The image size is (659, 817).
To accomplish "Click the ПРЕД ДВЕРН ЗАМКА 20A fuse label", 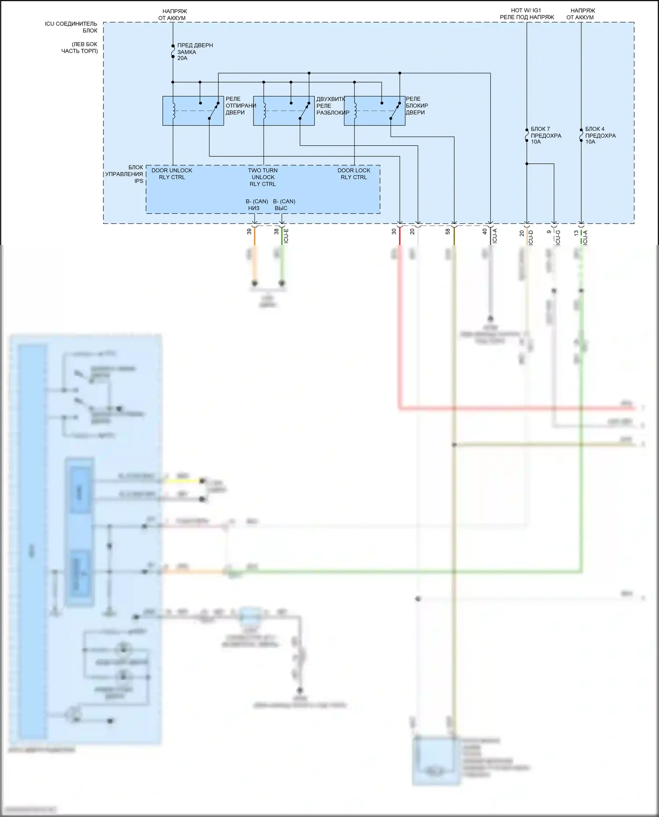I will pyautogui.click(x=195, y=52).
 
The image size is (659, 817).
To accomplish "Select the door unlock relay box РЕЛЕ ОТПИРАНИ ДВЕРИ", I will pyautogui.click(x=193, y=111).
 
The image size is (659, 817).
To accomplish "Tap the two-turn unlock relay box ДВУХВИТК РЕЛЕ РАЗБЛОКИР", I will pyautogui.click(x=283, y=111).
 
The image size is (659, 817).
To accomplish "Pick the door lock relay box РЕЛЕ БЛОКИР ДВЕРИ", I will pyautogui.click(x=374, y=111).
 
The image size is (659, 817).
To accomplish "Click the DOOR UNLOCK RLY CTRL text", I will pyautogui.click(x=172, y=174).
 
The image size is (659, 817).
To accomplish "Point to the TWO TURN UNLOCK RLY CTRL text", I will pyautogui.click(x=263, y=177).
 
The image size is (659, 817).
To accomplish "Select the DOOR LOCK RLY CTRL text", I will pyautogui.click(x=354, y=174).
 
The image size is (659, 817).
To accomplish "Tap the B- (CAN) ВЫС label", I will pyautogui.click(x=284, y=205).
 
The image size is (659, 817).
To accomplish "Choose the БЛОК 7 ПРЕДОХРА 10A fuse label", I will pyautogui.click(x=546, y=135).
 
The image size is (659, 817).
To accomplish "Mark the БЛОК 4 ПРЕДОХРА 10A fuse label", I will pyautogui.click(x=600, y=135).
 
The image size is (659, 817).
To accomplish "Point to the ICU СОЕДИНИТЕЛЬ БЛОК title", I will pyautogui.click(x=71, y=27).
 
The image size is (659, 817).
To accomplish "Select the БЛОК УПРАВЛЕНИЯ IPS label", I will pyautogui.click(x=124, y=174).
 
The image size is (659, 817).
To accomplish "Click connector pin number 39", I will pyautogui.click(x=249, y=231).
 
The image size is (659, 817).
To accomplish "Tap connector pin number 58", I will pyautogui.click(x=448, y=231).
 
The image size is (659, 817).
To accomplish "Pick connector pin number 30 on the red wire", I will pyautogui.click(x=394, y=231).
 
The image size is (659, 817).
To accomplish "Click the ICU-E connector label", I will pyautogui.click(x=286, y=236).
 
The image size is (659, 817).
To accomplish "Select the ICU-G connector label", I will pyautogui.click(x=558, y=237).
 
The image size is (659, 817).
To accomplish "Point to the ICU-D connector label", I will pyautogui.click(x=531, y=237).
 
